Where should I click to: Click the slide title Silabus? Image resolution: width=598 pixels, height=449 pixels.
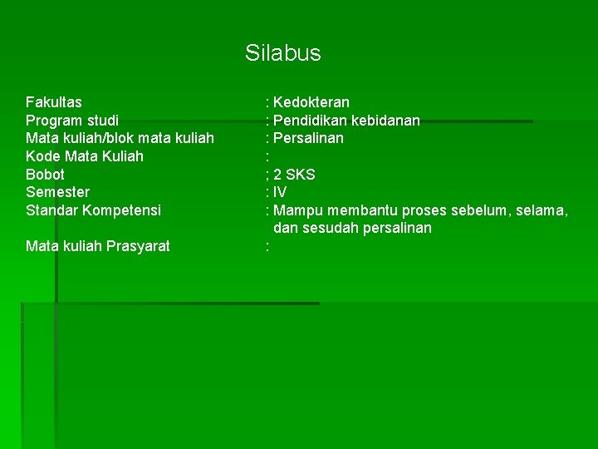282,54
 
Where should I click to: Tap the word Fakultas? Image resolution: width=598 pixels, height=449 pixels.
54,103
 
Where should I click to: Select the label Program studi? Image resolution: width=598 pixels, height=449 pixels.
72,121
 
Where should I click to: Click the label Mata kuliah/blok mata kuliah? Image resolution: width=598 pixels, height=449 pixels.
120,138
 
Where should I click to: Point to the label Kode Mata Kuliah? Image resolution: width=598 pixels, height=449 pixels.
85,156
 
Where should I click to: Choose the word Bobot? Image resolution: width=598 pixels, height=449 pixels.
45,175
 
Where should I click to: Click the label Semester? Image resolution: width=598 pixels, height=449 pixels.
57,192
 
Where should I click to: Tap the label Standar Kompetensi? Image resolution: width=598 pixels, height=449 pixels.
94,210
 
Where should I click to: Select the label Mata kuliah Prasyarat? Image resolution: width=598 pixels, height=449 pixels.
98,246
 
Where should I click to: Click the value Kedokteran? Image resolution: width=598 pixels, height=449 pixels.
311,103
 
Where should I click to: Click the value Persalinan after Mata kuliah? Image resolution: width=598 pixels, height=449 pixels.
308,138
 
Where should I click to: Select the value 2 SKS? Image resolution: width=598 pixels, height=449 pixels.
294,175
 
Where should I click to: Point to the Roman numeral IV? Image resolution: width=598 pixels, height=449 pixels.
280,192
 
